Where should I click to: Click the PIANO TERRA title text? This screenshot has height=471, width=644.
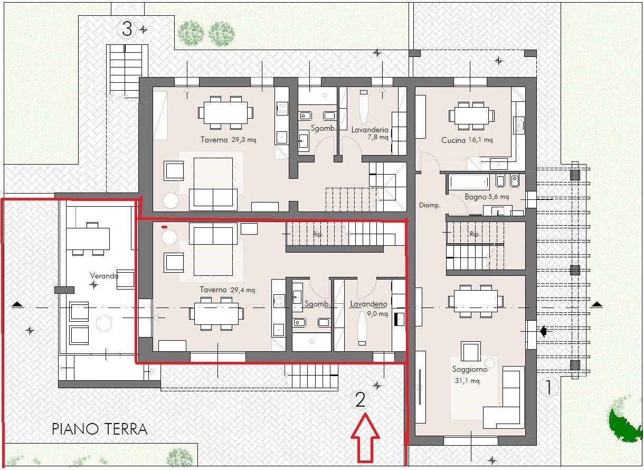coord(99,429)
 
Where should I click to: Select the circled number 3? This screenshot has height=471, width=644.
coord(127,29)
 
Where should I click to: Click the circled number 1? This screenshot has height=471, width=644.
coord(548,388)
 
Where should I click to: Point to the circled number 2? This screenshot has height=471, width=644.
coord(360,400)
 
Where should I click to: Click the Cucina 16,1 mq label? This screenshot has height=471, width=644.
coord(467,140)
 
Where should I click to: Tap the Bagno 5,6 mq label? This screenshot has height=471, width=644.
coord(487,197)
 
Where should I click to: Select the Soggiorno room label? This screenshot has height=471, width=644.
coord(470,369)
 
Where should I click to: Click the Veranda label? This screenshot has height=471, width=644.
coord(104,276)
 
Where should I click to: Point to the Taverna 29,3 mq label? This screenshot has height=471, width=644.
coord(228,140)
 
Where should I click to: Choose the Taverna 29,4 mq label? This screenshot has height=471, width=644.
coord(228,290)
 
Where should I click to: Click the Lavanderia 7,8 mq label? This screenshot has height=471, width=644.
coord(370,133)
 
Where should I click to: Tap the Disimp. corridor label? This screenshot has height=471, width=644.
coord(430,205)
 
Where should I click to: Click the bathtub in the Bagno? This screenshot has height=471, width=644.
coord(469,182)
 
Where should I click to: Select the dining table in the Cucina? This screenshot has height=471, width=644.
coord(471,116)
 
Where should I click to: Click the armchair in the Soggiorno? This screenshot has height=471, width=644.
coord(471,351)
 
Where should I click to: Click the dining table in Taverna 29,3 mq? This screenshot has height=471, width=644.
coord(226,112)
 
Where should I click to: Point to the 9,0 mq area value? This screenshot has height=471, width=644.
coord(377,314)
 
